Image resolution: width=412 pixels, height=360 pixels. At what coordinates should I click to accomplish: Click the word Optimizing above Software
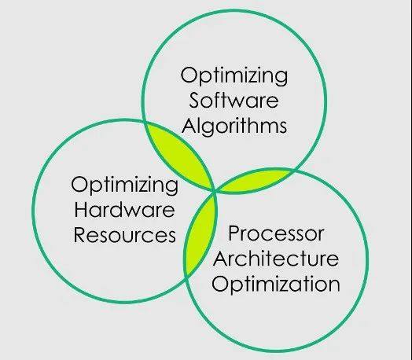(234, 76)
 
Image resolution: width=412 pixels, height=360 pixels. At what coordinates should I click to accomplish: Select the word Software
(234, 101)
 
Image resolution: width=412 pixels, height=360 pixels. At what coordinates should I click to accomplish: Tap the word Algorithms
(234, 127)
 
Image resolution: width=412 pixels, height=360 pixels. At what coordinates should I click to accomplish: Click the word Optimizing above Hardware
(124, 186)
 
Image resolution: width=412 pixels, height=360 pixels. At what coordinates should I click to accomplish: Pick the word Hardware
(124, 210)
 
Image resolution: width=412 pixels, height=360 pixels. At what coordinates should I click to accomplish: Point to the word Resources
(125, 235)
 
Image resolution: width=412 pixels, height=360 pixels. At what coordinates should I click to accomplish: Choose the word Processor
(276, 233)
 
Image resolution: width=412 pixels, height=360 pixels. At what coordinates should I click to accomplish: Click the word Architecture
(276, 259)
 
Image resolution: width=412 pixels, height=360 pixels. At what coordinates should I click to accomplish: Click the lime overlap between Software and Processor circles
(253, 181)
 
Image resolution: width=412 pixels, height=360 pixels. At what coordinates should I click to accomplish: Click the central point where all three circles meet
(215, 192)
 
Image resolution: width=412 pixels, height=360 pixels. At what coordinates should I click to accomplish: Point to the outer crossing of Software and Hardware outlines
(144, 122)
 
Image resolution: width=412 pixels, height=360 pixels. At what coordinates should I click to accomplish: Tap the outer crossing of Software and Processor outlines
(294, 170)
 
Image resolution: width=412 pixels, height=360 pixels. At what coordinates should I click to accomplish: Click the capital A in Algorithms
(189, 125)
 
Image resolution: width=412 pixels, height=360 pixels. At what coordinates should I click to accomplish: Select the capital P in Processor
(234, 233)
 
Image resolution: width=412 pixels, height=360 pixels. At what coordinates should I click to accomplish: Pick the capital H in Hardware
(81, 210)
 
